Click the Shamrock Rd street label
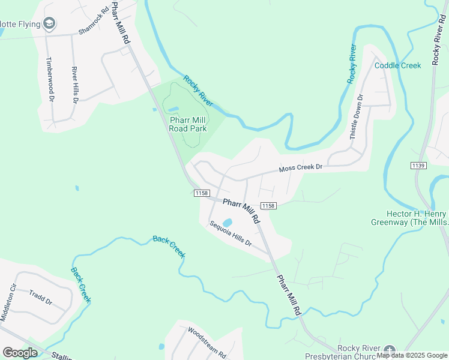95,20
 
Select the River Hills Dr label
75,85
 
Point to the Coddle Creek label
397,65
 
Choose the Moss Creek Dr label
301,169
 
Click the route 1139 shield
418,165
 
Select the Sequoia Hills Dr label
230,236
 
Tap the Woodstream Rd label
205,340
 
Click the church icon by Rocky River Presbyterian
390,350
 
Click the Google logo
20,353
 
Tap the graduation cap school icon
50,24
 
